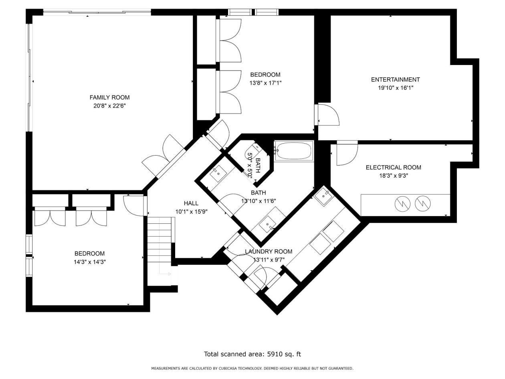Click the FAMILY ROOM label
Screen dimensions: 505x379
pyautogui.click(x=109, y=97)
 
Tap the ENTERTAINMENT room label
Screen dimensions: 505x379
pyautogui.click(x=395, y=80)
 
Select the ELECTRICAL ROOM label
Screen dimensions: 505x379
pyautogui.click(x=394, y=167)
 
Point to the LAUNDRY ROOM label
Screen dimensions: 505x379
pyautogui.click(x=269, y=251)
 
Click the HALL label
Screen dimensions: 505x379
pyautogui.click(x=191, y=203)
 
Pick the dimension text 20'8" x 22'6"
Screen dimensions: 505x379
pyautogui.click(x=109, y=106)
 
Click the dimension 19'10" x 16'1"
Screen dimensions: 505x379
pyautogui.click(x=396, y=88)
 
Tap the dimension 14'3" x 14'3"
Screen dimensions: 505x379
pyautogui.click(x=90, y=262)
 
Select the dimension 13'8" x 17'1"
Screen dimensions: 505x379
pyautogui.click(x=265, y=83)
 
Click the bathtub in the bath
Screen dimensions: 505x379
pyautogui.click(x=294, y=151)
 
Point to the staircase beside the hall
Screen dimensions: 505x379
pyautogui.click(x=160, y=251)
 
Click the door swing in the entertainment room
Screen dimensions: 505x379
pyautogui.click(x=327, y=115)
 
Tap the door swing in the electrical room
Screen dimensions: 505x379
pyautogui.click(x=347, y=154)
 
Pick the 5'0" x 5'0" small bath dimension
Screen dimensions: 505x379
pyautogui.click(x=250, y=165)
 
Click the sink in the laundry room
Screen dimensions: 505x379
pyautogui.click(x=323, y=196)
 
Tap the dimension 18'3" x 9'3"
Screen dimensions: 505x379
pyautogui.click(x=394, y=176)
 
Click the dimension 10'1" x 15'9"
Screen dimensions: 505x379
pyautogui.click(x=192, y=212)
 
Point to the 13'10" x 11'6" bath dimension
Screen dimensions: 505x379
pyautogui.click(x=259, y=201)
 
